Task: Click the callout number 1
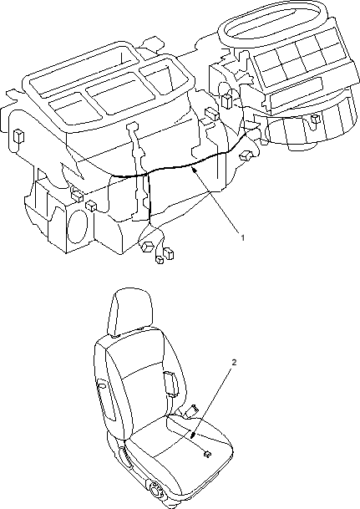[242, 237]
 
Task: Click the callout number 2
[234, 362]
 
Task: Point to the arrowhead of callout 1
[194, 170]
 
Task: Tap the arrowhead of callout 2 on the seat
[193, 435]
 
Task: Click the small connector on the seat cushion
[206, 454]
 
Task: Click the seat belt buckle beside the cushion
[191, 410]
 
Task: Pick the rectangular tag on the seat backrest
[170, 384]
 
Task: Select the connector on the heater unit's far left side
[18, 135]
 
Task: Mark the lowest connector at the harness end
[160, 260]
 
